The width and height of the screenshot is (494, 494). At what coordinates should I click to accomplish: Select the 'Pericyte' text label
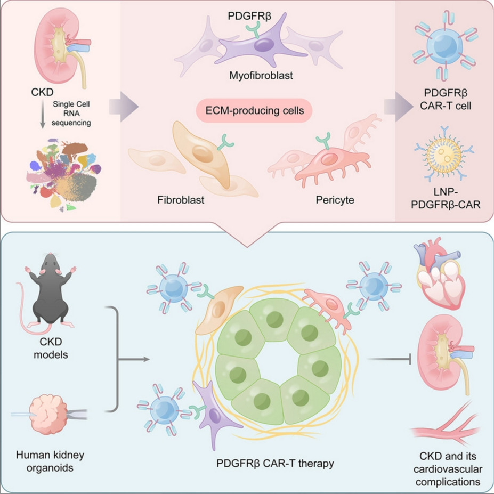[x=334, y=200]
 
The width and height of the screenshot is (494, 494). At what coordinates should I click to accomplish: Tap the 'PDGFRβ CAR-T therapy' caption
[x=275, y=463]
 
